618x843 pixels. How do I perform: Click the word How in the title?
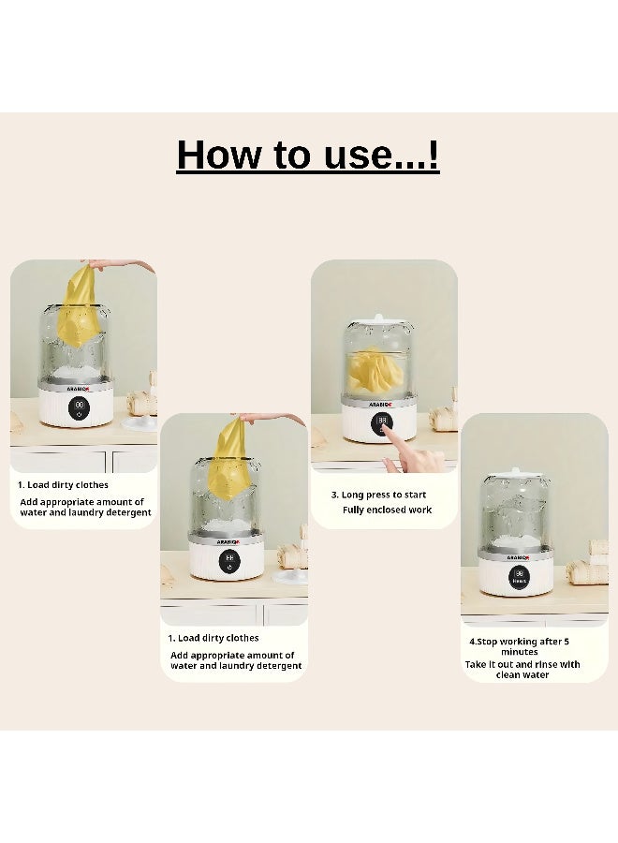(219, 155)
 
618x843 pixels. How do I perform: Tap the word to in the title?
(293, 155)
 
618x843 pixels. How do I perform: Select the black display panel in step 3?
(382, 424)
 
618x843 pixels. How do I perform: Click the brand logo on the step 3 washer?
(381, 404)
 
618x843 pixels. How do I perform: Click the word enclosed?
(387, 510)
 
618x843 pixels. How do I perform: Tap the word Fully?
(352, 510)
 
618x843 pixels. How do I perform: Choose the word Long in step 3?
(352, 495)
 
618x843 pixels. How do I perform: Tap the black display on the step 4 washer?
(519, 577)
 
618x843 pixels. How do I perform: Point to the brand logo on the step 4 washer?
(518, 557)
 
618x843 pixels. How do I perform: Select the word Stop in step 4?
(488, 642)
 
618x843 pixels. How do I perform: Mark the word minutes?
(519, 652)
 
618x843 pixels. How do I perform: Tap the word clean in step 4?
(507, 675)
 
